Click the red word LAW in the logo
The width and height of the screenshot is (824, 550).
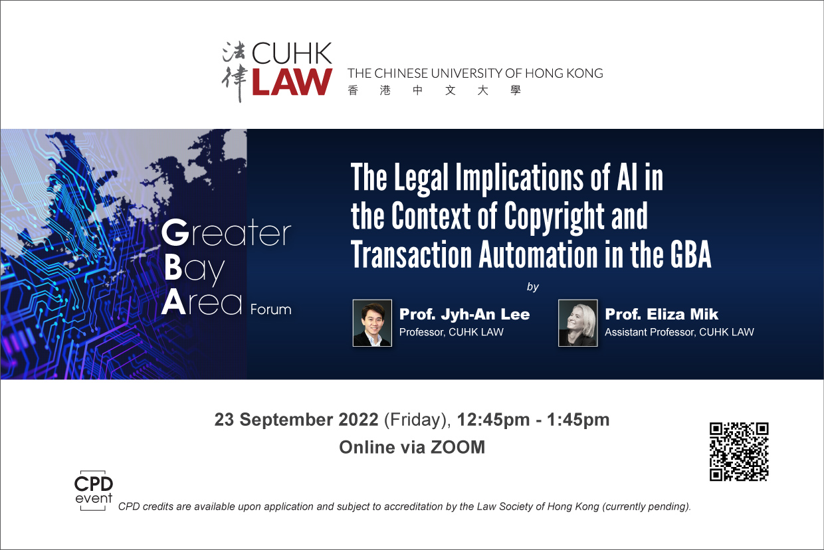click(x=292, y=82)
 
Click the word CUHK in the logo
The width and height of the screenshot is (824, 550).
click(x=292, y=54)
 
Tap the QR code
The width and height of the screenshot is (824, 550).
click(x=739, y=452)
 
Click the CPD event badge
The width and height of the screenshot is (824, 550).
click(x=94, y=490)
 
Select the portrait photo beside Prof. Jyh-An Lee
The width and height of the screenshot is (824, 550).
click(x=372, y=323)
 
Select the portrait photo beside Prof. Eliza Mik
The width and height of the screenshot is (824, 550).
click(x=578, y=323)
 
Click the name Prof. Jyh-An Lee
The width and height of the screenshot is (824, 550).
click(x=464, y=314)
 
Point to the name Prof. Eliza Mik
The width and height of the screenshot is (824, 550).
click(x=661, y=314)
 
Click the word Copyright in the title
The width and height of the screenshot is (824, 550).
click(x=554, y=218)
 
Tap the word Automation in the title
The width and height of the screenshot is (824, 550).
click(x=538, y=254)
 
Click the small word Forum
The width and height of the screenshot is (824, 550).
click(x=270, y=310)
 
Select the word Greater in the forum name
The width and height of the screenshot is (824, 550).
click(x=226, y=232)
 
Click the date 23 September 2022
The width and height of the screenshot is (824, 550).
click(x=296, y=420)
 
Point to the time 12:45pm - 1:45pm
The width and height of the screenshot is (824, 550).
click(x=533, y=420)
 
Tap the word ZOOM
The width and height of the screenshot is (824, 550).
click(x=458, y=448)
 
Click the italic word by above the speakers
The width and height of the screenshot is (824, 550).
click(x=533, y=287)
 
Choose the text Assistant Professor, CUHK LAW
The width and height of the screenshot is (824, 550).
click(x=679, y=332)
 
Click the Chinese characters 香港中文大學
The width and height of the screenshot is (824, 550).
click(x=434, y=90)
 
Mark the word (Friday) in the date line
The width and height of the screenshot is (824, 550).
click(x=417, y=420)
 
